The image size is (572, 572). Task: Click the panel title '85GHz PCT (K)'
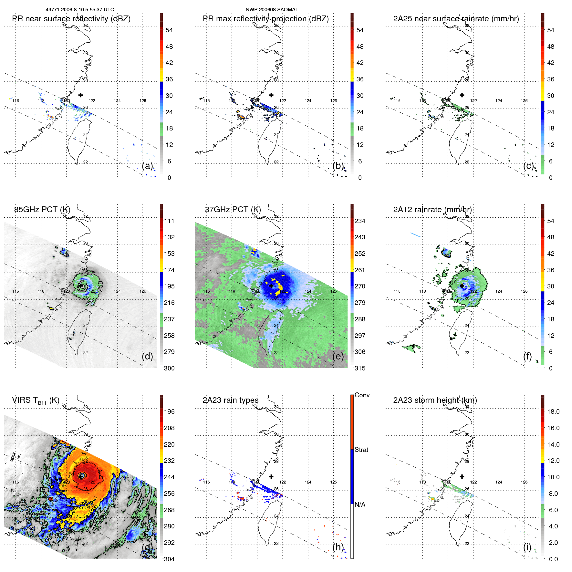[42, 210]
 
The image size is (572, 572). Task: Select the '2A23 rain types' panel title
[230, 400]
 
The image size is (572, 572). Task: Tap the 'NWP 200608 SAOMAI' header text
[271, 10]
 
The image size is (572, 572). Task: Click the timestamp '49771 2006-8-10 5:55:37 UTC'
[79, 10]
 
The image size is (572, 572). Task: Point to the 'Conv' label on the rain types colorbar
[362, 395]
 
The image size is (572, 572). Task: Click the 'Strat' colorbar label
[361, 450]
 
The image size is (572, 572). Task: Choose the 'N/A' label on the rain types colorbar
[360, 504]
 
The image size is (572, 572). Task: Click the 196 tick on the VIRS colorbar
[169, 411]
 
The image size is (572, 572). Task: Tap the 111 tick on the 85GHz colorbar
[169, 221]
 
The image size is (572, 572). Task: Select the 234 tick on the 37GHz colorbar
[360, 221]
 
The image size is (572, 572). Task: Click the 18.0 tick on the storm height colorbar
[553, 411]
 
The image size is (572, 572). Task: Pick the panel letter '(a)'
[147, 166]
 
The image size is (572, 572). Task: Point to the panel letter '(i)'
[527, 547]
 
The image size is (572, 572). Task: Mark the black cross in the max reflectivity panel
[271, 95]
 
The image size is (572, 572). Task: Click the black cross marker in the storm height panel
[462, 476]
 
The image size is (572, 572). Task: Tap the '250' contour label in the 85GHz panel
[100, 286]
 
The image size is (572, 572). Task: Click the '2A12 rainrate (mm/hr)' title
[432, 210]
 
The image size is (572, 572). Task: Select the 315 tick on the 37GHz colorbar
[360, 368]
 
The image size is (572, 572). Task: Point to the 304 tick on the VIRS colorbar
[169, 559]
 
